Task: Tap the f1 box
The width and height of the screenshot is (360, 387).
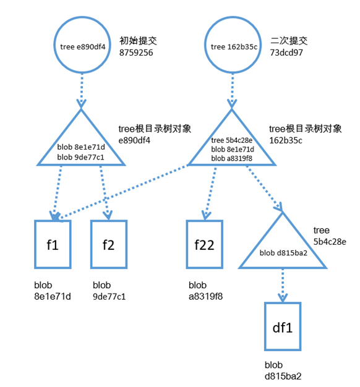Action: click(53, 244)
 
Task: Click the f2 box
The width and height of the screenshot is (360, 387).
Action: click(109, 244)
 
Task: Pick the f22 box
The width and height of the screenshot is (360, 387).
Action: click(204, 244)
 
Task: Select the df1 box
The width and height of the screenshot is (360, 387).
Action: click(283, 327)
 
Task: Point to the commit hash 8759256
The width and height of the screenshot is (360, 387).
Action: click(136, 53)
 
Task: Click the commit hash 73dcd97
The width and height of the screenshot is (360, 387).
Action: click(286, 53)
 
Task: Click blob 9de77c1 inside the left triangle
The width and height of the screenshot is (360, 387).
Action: click(81, 156)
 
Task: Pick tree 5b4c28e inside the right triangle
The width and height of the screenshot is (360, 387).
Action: click(232, 140)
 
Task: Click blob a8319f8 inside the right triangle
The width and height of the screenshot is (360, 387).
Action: click(232, 158)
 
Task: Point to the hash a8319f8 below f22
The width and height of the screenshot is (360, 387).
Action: click(205, 296)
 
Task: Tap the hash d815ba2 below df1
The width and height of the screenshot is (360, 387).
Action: click(283, 375)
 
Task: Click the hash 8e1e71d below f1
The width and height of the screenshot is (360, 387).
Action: click(53, 296)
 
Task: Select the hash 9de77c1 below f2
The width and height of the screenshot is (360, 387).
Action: click(109, 296)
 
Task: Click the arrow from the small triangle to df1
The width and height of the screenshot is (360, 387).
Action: click(283, 285)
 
